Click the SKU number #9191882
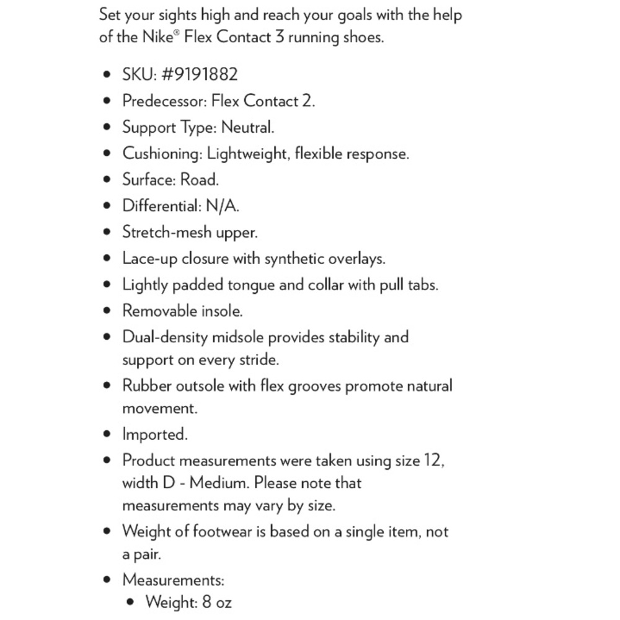199,74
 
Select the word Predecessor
164,100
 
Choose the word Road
199,180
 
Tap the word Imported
154,434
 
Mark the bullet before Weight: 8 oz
130,602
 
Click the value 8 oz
217,602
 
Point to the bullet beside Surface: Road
108,180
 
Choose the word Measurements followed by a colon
172,580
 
